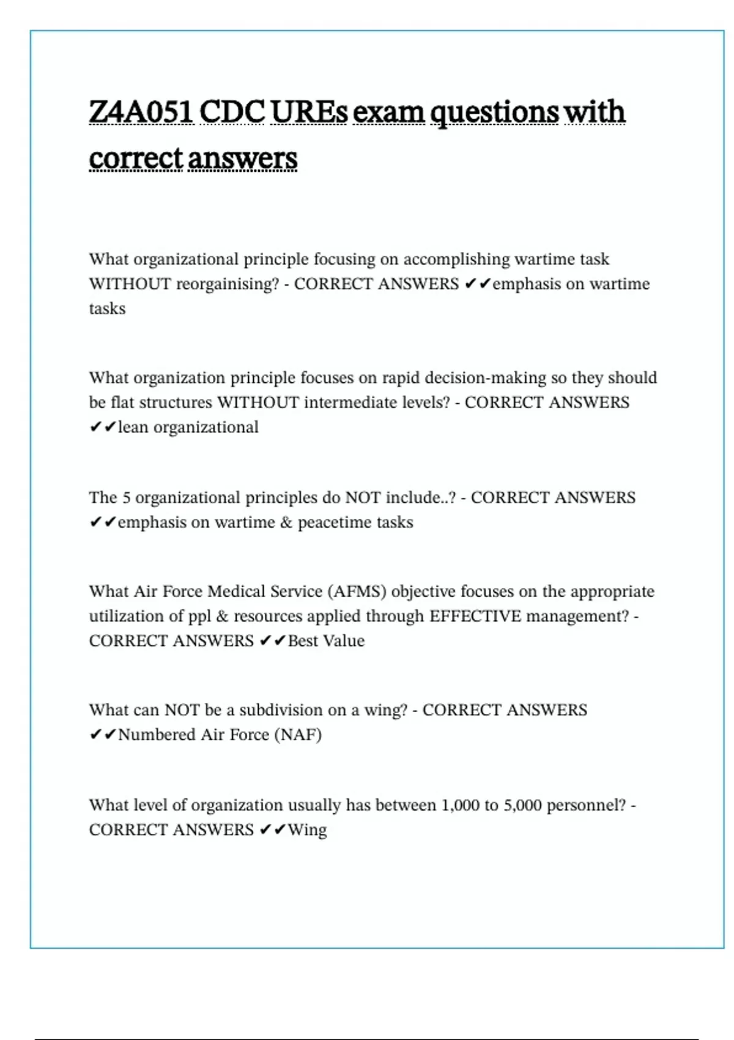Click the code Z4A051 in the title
[141, 112]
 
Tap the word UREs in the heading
[309, 112]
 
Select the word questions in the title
[494, 112]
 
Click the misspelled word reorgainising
[228, 284]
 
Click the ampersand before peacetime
[286, 522]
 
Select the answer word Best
[303, 641]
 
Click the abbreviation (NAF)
[298, 734]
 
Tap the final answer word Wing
[307, 830]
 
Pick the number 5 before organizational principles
[126, 497]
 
